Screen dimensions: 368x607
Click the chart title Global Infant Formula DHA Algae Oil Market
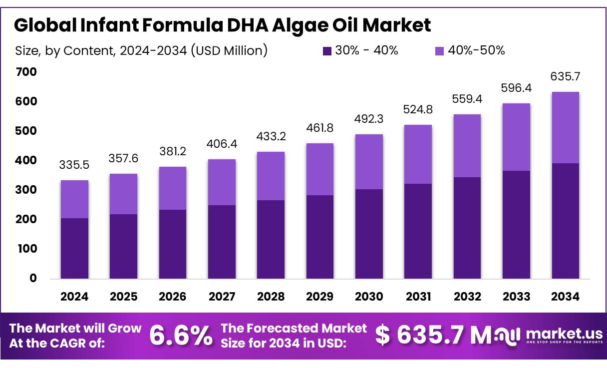(x=222, y=25)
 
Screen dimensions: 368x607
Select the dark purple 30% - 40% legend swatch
(x=327, y=51)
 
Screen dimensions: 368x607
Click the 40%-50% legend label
(x=476, y=50)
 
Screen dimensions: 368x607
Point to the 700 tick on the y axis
(x=26, y=72)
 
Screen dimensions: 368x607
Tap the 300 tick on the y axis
(x=26, y=190)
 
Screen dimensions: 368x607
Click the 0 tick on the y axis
(x=33, y=278)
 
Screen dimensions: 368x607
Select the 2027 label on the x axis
(x=222, y=297)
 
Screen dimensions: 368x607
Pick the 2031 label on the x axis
(x=418, y=297)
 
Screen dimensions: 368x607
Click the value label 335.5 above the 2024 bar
(x=74, y=165)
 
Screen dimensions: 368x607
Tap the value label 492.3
(x=369, y=119)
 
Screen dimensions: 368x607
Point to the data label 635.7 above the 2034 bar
(x=565, y=77)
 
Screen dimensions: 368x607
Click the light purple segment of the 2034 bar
(x=565, y=127)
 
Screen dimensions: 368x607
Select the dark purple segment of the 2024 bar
(x=74, y=248)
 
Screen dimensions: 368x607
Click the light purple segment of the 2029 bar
(x=320, y=169)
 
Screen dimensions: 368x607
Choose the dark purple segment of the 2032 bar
(x=467, y=228)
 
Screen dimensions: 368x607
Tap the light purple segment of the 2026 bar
(x=173, y=188)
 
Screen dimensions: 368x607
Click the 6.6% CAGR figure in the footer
(x=181, y=336)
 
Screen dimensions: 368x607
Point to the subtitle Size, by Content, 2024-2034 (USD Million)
(x=141, y=51)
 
